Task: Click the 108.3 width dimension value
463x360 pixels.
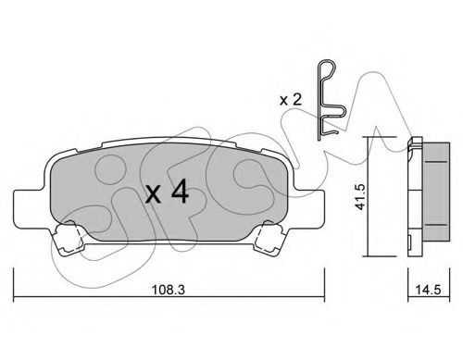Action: pyautogui.click(x=169, y=290)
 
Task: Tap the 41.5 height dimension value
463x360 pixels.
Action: pyautogui.click(x=360, y=196)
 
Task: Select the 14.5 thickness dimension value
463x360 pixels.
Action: pyautogui.click(x=428, y=290)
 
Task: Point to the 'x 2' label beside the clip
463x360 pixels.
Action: pyautogui.click(x=291, y=100)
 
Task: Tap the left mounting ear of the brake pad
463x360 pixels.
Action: pyautogui.click(x=31, y=209)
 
